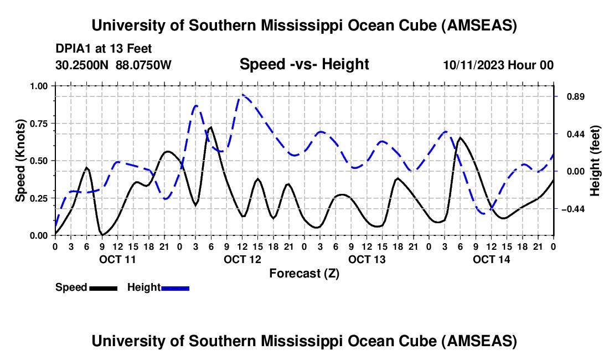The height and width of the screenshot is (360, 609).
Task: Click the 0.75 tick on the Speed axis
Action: (x=39, y=123)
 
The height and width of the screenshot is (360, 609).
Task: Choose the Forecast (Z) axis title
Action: (x=304, y=273)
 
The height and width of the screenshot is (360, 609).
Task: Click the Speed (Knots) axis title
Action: (x=20, y=161)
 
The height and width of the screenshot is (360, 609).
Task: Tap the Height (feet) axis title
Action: (x=595, y=161)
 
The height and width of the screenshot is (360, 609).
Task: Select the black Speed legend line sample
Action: (x=103, y=287)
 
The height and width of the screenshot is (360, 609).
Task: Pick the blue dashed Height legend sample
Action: (x=175, y=287)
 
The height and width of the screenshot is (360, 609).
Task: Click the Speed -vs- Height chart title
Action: (x=304, y=64)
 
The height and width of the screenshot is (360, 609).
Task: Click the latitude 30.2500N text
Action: (x=83, y=65)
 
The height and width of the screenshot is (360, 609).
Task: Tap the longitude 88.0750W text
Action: (x=144, y=65)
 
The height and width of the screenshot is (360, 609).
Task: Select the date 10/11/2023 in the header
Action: (x=473, y=65)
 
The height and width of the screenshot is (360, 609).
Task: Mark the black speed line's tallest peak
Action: (x=210, y=127)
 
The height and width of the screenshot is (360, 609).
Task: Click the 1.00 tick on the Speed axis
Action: (x=39, y=86)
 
